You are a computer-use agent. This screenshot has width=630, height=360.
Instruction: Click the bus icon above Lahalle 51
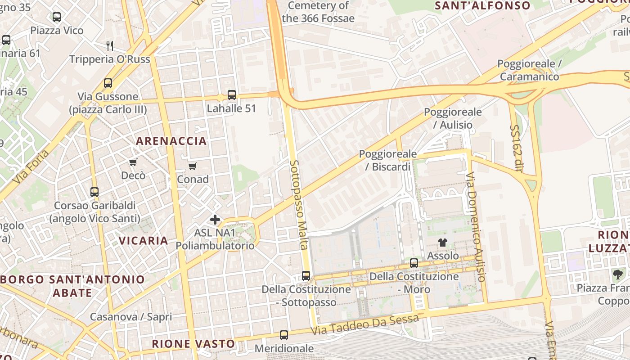(232, 95)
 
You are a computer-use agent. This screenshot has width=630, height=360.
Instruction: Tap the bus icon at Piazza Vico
(57, 17)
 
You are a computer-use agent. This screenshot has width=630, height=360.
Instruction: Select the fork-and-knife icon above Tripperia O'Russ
(109, 45)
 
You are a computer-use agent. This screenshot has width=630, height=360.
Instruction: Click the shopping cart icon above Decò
(133, 162)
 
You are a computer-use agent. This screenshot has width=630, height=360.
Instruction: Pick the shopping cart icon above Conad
(193, 166)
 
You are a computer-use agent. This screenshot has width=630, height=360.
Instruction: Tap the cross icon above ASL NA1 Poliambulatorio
(215, 220)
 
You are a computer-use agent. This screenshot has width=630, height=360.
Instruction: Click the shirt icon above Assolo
(443, 243)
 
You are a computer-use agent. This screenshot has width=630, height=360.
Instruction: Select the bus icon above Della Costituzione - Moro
(414, 263)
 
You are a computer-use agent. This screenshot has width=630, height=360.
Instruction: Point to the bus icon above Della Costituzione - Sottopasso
(306, 276)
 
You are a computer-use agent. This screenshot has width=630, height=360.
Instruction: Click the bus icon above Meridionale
(284, 335)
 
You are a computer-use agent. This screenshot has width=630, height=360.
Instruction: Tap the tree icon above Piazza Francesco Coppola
(618, 274)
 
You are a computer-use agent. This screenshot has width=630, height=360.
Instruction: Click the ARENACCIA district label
(171, 141)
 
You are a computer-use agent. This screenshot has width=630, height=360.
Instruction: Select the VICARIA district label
(144, 241)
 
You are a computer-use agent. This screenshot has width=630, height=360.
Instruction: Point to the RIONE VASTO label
(193, 344)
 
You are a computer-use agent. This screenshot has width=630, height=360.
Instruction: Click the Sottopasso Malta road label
(298, 205)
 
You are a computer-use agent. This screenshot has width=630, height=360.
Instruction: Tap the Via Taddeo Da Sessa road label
(365, 324)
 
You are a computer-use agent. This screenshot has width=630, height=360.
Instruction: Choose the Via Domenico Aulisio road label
(476, 227)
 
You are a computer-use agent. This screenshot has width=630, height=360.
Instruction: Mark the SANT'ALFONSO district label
(482, 6)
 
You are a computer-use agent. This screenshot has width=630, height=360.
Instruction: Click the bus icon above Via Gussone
(108, 83)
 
